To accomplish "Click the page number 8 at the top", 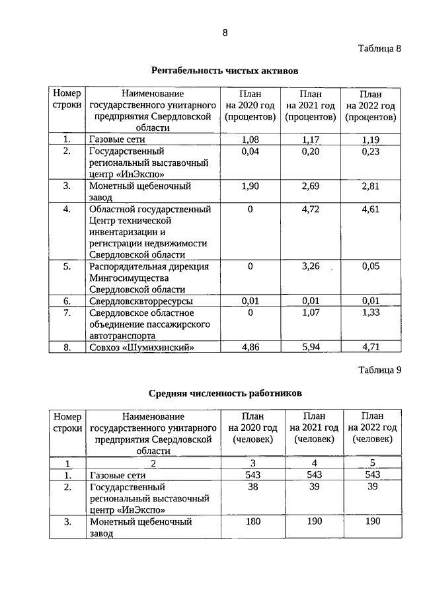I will [x=225, y=32].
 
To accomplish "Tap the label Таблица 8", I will [x=380, y=48].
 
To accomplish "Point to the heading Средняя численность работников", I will [x=225, y=393].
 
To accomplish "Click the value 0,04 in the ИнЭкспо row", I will [x=250, y=151].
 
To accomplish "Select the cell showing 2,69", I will [x=310, y=186].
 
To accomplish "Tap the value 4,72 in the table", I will [x=310, y=209].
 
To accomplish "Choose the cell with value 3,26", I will [x=310, y=266].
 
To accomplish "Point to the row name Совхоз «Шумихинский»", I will [x=143, y=346].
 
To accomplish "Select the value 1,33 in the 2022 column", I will [x=371, y=313].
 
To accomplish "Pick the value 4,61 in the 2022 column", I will [x=371, y=209].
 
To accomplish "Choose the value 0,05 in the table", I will [x=371, y=266].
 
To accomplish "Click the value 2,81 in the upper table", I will [x=371, y=186].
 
